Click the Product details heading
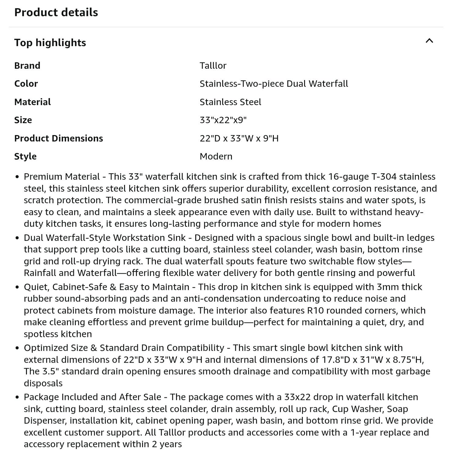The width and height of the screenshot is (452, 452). click(x=56, y=13)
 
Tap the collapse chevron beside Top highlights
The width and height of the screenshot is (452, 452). click(x=429, y=41)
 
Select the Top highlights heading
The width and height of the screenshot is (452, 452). click(x=50, y=43)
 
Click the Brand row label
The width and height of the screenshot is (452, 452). click(x=27, y=66)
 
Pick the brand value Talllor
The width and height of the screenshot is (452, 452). click(x=213, y=66)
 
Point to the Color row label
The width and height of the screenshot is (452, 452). click(x=26, y=84)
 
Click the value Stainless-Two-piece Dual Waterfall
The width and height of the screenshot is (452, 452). click(x=274, y=84)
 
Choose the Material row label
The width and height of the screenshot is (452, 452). click(x=32, y=102)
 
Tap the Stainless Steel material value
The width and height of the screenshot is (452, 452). click(x=230, y=102)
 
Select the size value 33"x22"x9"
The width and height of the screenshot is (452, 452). click(x=223, y=120)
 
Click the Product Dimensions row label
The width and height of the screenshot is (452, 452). click(x=59, y=138)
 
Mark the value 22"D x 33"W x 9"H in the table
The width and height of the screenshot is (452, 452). click(x=239, y=138)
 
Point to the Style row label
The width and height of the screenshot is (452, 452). click(x=25, y=156)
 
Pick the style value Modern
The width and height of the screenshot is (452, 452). click(x=216, y=156)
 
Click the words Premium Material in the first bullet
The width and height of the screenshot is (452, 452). click(x=62, y=177)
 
